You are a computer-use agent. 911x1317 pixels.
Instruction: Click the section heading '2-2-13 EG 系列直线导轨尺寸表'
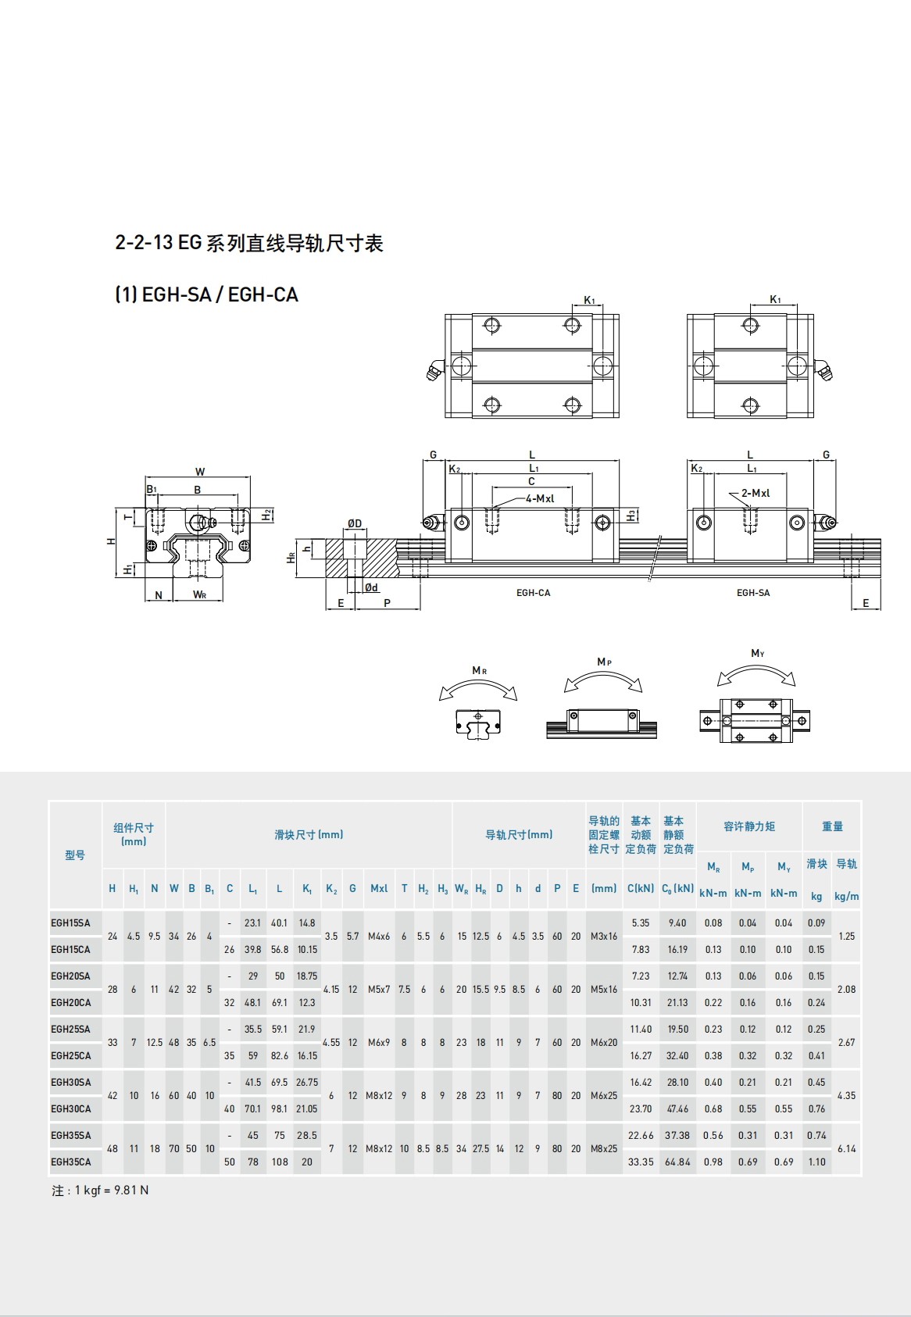click(x=249, y=244)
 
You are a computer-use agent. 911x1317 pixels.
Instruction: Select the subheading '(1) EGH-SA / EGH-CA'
click(x=207, y=295)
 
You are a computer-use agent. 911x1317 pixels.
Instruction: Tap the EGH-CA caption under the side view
click(x=533, y=593)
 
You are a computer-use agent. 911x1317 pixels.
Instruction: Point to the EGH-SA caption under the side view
click(x=752, y=593)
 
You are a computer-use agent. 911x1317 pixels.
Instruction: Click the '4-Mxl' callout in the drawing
click(x=540, y=498)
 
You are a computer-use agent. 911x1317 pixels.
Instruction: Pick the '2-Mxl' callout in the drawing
click(x=755, y=493)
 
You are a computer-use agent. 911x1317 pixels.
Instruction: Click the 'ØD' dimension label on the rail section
click(x=355, y=523)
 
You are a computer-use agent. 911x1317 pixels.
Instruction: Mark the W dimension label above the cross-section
click(x=200, y=472)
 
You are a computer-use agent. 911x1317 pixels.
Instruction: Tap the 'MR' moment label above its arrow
click(x=479, y=671)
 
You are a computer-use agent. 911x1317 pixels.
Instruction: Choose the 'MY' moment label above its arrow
click(x=757, y=654)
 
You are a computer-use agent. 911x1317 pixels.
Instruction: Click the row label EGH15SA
click(x=70, y=923)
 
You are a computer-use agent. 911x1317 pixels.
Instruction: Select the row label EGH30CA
click(x=70, y=1109)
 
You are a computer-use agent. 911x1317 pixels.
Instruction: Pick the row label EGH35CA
click(x=70, y=1162)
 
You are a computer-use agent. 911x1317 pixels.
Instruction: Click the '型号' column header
click(x=75, y=855)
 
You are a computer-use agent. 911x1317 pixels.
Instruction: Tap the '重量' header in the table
click(x=832, y=826)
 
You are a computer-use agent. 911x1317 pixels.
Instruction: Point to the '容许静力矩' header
click(x=748, y=826)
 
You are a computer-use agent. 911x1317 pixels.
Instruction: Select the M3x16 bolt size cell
click(x=604, y=937)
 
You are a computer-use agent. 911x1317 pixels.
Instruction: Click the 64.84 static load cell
click(x=677, y=1162)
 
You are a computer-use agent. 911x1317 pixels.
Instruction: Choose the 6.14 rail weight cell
click(x=846, y=1149)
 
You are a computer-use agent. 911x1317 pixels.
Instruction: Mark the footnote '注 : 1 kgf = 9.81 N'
click(x=100, y=1190)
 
